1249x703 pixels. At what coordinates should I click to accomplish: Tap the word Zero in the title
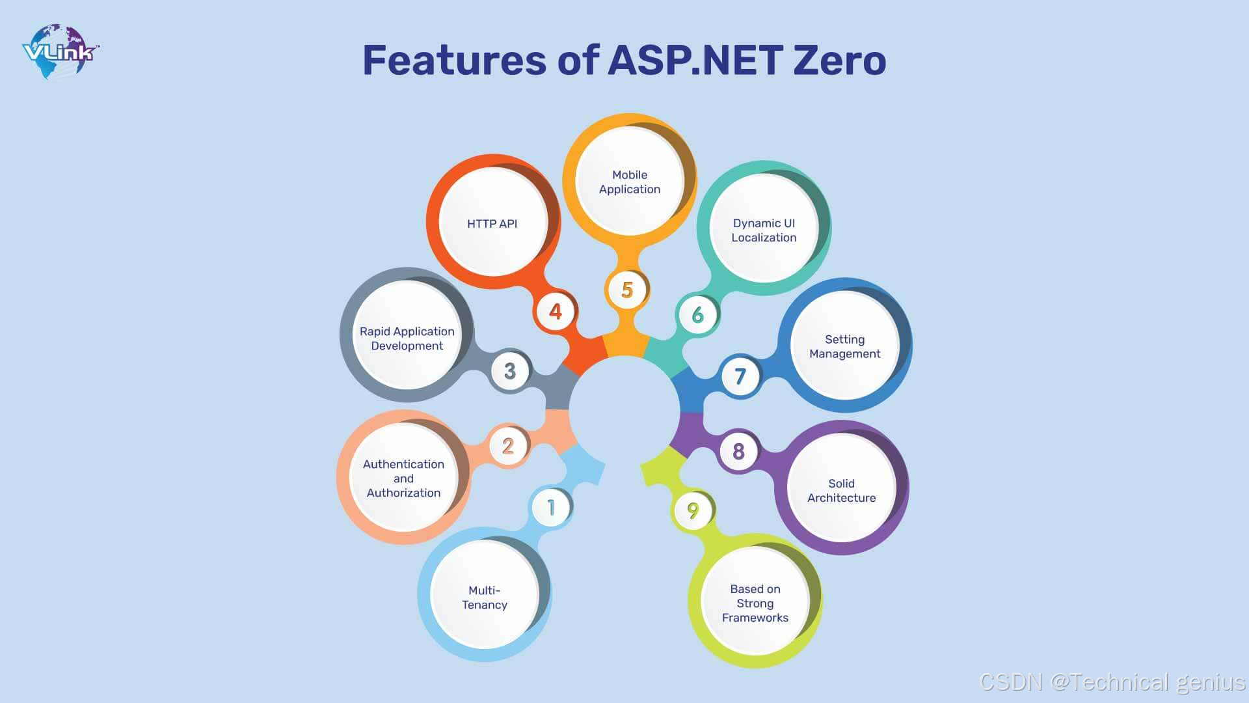click(x=839, y=61)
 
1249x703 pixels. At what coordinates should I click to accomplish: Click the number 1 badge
click(x=552, y=507)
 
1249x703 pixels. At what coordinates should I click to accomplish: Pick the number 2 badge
click(x=508, y=446)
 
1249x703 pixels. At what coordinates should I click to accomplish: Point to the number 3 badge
click(x=510, y=371)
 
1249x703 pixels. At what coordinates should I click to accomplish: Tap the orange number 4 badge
click(x=555, y=311)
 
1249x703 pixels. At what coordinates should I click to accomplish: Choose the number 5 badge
click(x=627, y=290)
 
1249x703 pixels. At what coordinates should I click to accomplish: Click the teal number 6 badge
click(x=697, y=315)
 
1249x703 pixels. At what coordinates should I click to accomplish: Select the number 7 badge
click(x=740, y=376)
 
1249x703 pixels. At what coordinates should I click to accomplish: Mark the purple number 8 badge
click(x=738, y=451)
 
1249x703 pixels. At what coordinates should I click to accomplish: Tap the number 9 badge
click(x=693, y=510)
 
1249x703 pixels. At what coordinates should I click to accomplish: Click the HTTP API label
click(x=492, y=224)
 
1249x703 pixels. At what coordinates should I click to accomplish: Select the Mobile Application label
click(x=630, y=182)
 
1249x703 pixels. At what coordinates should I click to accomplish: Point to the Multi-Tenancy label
click(x=485, y=598)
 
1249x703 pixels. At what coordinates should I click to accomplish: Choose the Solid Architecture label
click(x=842, y=491)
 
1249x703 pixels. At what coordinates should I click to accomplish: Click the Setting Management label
click(x=845, y=346)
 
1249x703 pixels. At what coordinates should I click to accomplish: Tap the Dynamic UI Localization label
click(x=764, y=230)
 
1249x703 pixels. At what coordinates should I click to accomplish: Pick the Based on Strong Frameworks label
click(x=755, y=603)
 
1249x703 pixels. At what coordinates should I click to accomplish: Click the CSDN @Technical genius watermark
click(x=1112, y=682)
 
